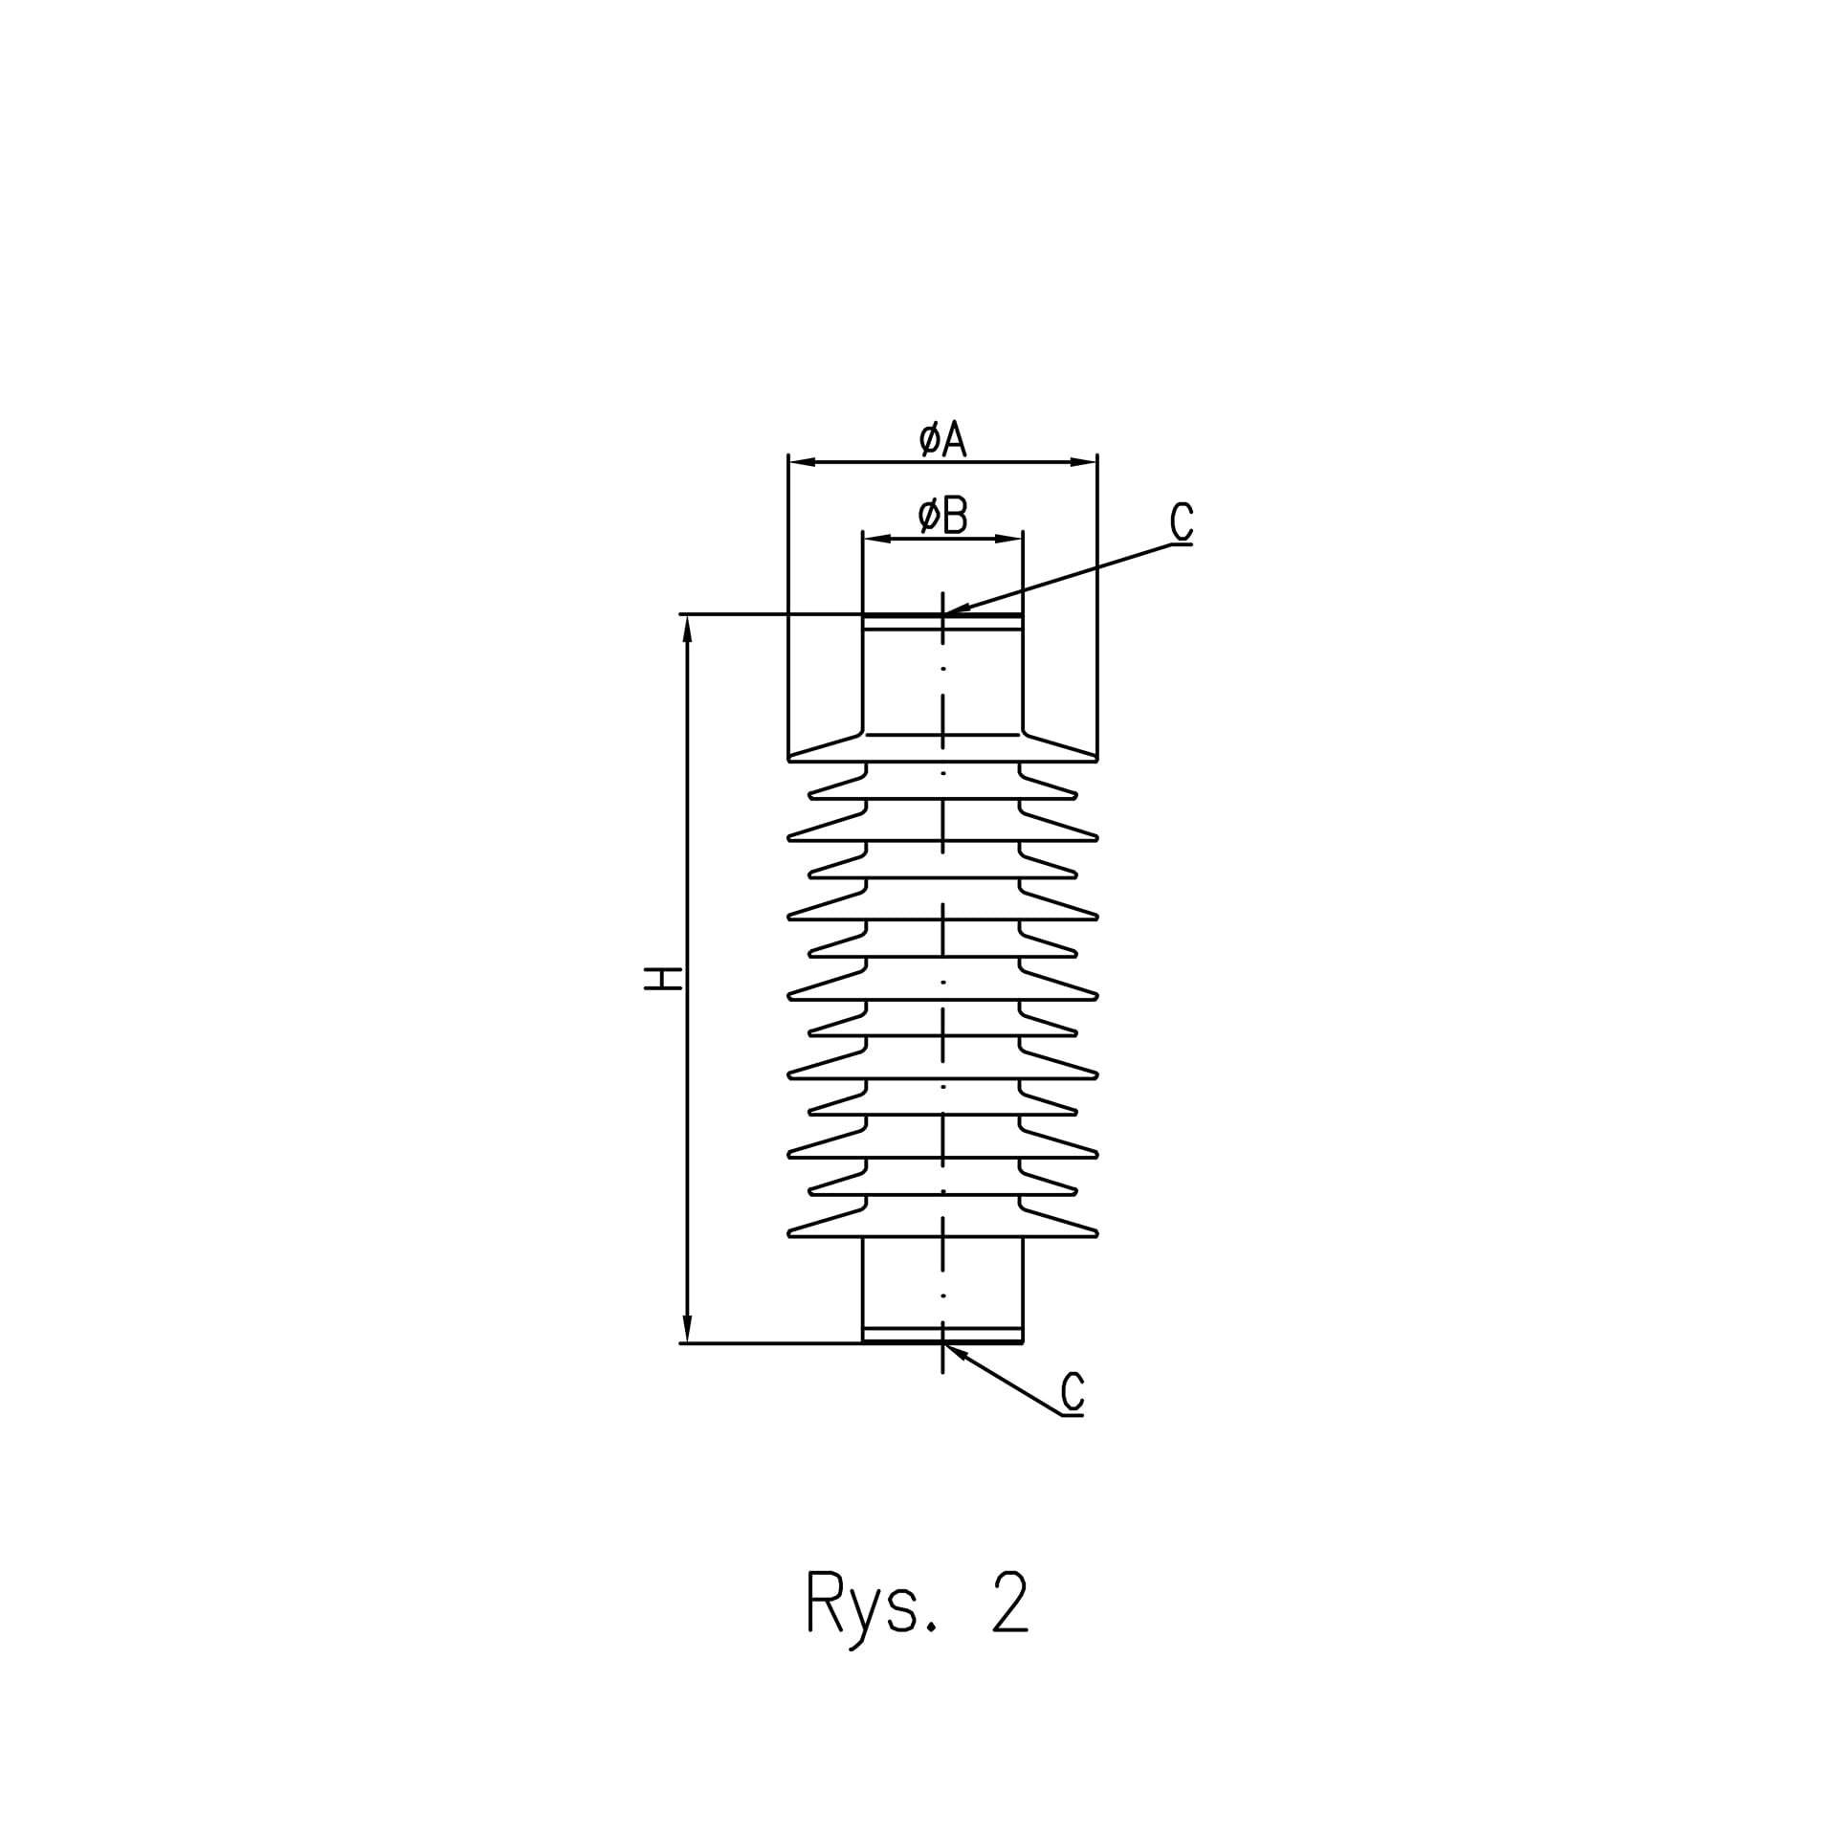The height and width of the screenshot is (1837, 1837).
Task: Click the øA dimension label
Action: coord(942,439)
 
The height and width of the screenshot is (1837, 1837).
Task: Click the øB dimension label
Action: coord(942,515)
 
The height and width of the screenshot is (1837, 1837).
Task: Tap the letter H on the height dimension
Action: coord(662,978)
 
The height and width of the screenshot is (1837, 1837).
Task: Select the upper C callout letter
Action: coord(1182,521)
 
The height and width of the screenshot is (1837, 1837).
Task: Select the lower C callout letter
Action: coord(1073,1391)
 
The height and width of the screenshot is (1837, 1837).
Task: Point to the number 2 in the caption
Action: coord(1010,1601)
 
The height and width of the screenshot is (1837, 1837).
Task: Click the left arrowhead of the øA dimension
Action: coord(802,462)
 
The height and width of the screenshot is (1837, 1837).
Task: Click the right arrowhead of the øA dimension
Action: coord(1083,462)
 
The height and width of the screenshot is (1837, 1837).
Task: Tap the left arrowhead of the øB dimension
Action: coord(877,539)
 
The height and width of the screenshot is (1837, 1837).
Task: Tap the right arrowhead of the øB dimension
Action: coord(1008,539)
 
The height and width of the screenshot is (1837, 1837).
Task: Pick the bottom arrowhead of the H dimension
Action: coord(687,1329)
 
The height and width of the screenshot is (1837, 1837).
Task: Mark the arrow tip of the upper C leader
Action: coord(944,613)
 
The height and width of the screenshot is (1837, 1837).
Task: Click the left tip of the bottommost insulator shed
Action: coord(788,1234)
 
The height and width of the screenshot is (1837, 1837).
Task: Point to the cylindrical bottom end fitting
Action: coord(942,1290)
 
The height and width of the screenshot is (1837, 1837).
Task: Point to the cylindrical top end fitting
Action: coord(942,675)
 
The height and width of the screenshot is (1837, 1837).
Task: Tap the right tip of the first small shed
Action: coord(1077,795)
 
